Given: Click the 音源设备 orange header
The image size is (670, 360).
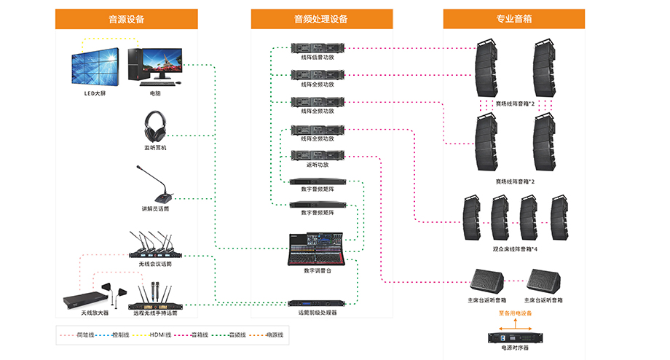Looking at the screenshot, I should pos(126,19).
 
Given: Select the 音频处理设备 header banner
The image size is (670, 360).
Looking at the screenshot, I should pos(321,19).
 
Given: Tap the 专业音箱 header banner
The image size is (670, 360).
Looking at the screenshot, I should pos(513,19).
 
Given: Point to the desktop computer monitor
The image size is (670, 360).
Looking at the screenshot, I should pos(162,63).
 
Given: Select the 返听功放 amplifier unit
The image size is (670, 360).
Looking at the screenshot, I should pos(317,155).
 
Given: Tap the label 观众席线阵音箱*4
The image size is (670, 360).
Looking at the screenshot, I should pos(514,249).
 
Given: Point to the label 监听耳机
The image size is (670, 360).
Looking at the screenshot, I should pos(154,148).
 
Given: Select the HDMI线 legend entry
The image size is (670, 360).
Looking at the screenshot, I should pos(159,334).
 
